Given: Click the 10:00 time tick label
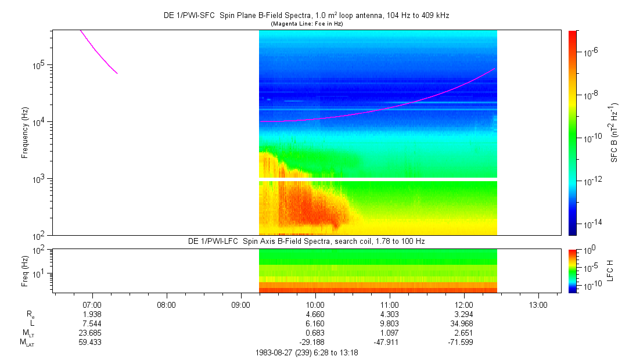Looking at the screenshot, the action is click(315, 305).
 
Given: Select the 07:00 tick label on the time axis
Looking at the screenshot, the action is click(92, 305).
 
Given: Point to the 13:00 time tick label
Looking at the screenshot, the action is click(538, 305).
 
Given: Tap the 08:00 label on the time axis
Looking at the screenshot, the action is click(166, 305).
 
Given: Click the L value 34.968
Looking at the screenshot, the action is click(462, 323).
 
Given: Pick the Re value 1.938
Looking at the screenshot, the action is click(92, 314).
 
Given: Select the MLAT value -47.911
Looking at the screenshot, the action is click(386, 343).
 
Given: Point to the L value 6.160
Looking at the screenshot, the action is click(315, 323).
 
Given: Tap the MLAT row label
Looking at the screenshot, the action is click(27, 343).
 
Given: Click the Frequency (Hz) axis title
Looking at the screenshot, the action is click(25, 133).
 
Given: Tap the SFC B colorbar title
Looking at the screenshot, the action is click(614, 133).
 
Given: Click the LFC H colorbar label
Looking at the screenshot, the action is click(610, 271).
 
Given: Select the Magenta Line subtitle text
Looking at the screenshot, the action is click(307, 24).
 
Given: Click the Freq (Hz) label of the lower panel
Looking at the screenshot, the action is click(25, 271).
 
